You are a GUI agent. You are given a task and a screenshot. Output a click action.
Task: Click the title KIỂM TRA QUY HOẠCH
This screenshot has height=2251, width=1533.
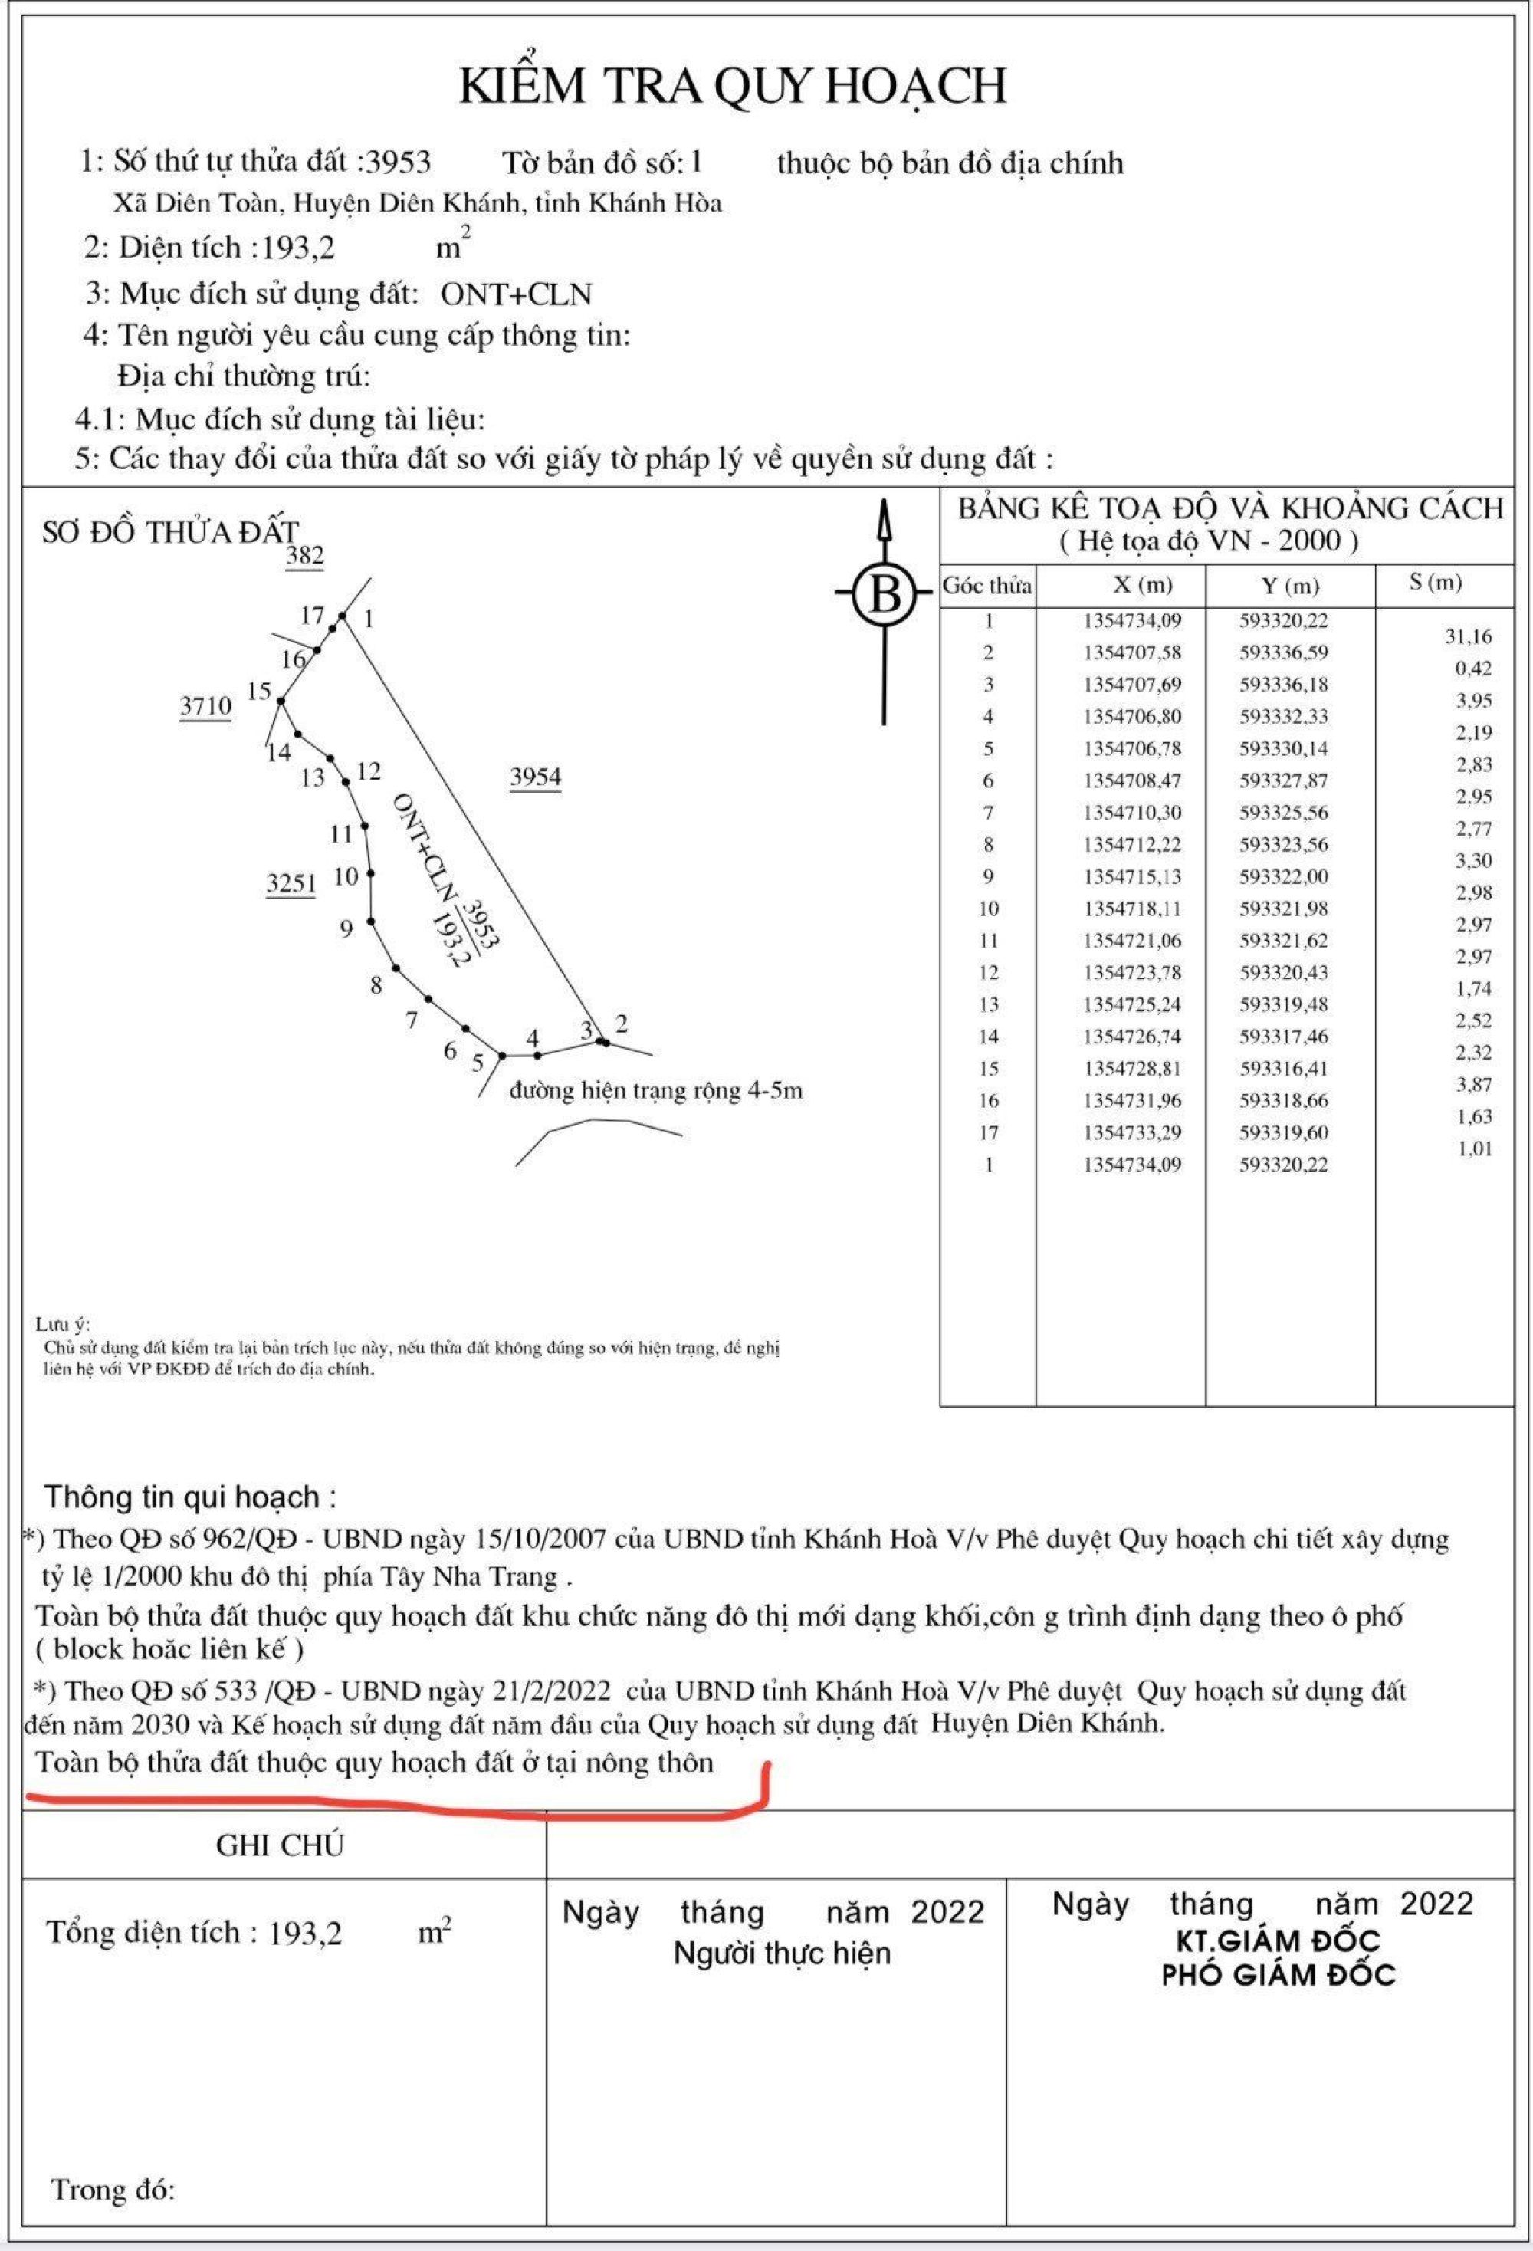click(732, 85)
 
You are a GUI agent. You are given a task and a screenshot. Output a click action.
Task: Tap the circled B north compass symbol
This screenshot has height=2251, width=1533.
click(883, 593)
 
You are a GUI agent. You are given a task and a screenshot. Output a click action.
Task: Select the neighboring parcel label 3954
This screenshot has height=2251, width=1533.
click(536, 776)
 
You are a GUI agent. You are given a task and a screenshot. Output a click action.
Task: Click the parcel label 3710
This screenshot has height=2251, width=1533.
click(205, 705)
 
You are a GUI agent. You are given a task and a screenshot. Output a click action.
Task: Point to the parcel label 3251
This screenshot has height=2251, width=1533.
click(291, 882)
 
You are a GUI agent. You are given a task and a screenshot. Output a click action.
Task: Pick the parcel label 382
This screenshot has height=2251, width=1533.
click(304, 555)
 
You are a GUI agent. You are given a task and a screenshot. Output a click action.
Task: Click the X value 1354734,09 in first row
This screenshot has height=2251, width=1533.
click(1132, 621)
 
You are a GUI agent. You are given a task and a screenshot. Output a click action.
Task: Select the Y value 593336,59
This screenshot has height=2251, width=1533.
click(1284, 652)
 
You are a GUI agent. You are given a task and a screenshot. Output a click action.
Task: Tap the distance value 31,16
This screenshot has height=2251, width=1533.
click(1468, 637)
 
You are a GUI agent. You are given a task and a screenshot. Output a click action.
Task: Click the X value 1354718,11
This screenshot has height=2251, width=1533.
click(1132, 909)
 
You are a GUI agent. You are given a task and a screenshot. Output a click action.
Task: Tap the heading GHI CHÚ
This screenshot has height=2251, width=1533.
click(280, 1845)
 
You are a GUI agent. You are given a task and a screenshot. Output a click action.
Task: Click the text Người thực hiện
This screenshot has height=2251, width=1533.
click(782, 1953)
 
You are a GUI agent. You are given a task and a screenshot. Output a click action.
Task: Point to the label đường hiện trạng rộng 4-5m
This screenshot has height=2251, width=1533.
click(655, 1091)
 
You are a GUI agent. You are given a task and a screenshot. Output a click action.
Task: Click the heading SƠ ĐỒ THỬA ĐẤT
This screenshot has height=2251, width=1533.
click(170, 532)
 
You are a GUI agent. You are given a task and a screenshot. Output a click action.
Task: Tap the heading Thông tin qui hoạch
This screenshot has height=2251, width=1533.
click(191, 1497)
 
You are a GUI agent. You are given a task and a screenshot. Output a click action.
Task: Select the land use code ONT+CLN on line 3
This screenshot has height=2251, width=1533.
click(515, 294)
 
